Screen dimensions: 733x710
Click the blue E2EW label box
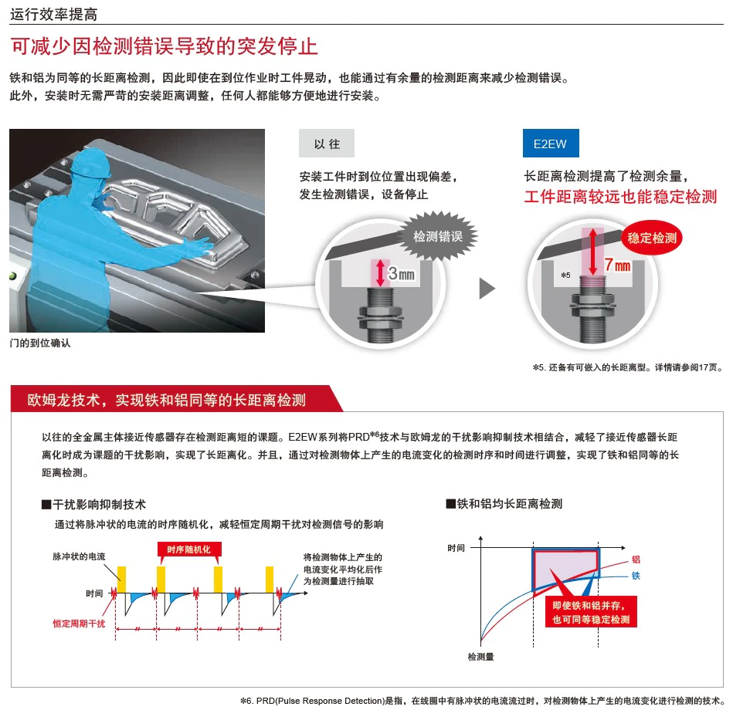pyautogui.click(x=551, y=143)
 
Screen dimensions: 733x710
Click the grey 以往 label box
pyautogui.click(x=327, y=143)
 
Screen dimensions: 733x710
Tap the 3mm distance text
pyautogui.click(x=401, y=273)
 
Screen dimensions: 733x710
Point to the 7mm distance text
pyautogui.click(x=618, y=265)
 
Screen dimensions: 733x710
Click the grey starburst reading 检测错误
pyautogui.click(x=438, y=236)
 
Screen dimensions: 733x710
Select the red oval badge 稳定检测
pyautogui.click(x=652, y=238)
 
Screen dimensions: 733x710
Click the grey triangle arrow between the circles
pyautogui.click(x=487, y=288)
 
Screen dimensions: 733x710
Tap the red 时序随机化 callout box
pyautogui.click(x=189, y=549)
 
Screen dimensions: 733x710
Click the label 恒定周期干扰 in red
pyautogui.click(x=79, y=624)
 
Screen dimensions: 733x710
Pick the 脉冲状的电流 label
pyautogui.click(x=79, y=556)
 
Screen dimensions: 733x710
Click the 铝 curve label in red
pyautogui.click(x=636, y=559)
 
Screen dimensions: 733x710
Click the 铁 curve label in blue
pyautogui.click(x=636, y=576)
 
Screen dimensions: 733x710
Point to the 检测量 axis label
pyautogui.click(x=480, y=657)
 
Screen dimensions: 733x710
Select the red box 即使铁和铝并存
pyautogui.click(x=591, y=612)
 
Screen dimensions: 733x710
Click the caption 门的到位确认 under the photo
pyautogui.click(x=40, y=343)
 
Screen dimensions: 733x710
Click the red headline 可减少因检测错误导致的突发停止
pyautogui.click(x=164, y=46)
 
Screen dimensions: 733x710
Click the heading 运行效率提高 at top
pyautogui.click(x=54, y=15)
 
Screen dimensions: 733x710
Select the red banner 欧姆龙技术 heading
pyautogui.click(x=166, y=400)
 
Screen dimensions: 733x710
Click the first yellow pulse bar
pyautogui.click(x=121, y=580)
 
